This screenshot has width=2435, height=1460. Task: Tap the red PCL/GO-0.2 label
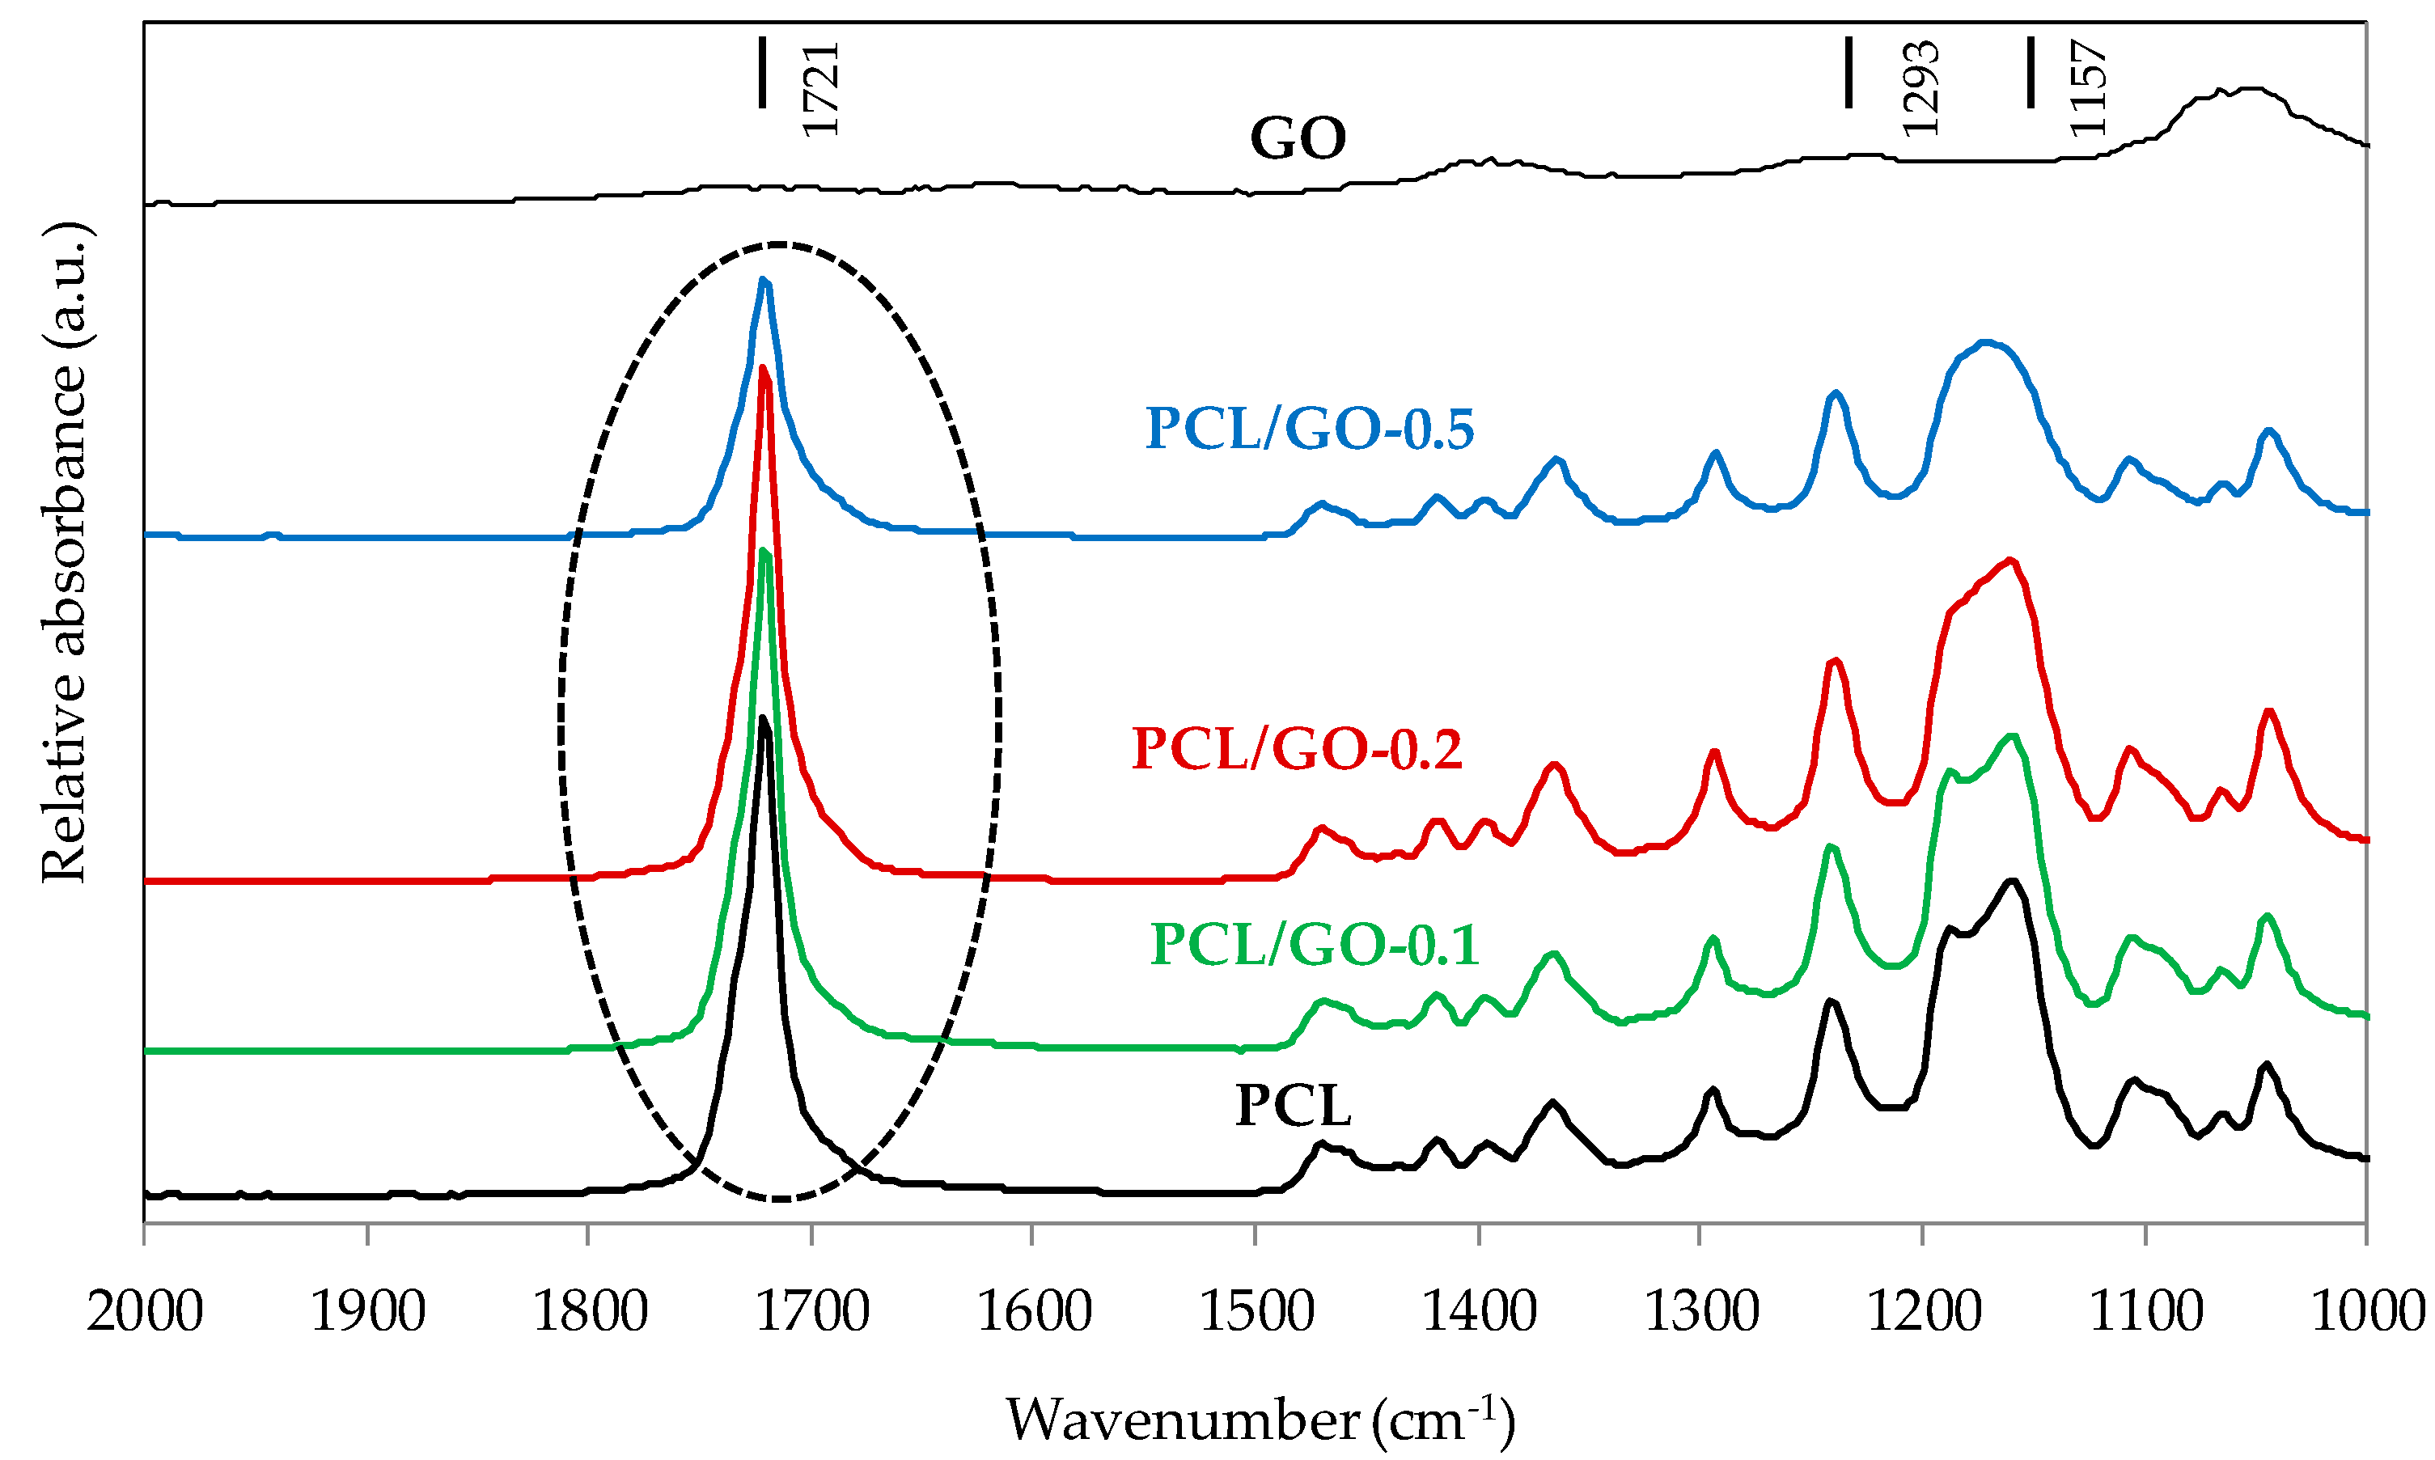point(1297,749)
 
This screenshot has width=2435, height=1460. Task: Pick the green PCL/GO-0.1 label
point(1315,945)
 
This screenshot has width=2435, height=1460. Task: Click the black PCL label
point(1293,1106)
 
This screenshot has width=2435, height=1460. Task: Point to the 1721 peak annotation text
point(819,88)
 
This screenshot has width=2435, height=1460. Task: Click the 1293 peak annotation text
point(1920,88)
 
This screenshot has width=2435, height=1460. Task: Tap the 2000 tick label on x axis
point(145,1313)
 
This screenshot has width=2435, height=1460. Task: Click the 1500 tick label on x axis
point(1256,1313)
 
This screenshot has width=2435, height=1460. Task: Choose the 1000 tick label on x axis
point(2366,1313)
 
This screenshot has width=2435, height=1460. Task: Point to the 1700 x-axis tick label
point(811,1313)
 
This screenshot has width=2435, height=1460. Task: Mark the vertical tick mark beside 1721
point(761,72)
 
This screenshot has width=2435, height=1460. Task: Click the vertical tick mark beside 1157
point(2031,72)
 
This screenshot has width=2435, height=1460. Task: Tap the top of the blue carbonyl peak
point(764,281)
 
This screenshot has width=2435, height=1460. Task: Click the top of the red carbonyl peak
point(764,370)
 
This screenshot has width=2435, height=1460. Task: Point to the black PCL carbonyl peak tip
point(764,718)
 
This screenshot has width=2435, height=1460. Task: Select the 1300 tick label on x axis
point(1701,1313)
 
